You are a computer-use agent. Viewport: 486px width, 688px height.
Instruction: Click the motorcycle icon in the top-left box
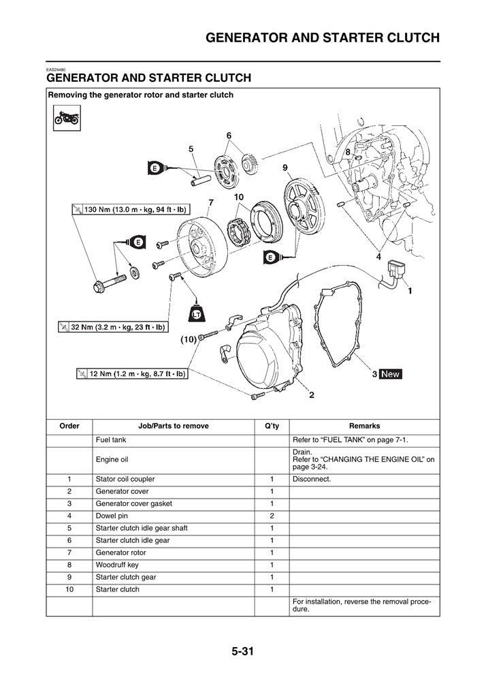point(66,120)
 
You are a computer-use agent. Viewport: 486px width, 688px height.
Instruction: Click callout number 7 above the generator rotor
point(211,202)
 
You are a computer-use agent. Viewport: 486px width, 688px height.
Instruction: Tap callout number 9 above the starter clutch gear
point(285,167)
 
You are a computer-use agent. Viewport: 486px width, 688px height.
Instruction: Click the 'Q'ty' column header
point(271,426)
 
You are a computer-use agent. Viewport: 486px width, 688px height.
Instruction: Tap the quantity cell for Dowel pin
point(271,516)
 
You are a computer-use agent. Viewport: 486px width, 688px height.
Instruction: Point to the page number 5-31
point(242,651)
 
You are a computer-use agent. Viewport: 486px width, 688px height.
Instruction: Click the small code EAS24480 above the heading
point(56,70)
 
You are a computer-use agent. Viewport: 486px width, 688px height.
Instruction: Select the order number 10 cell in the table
point(69,589)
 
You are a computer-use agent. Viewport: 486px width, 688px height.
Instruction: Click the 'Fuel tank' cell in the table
point(111,439)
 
